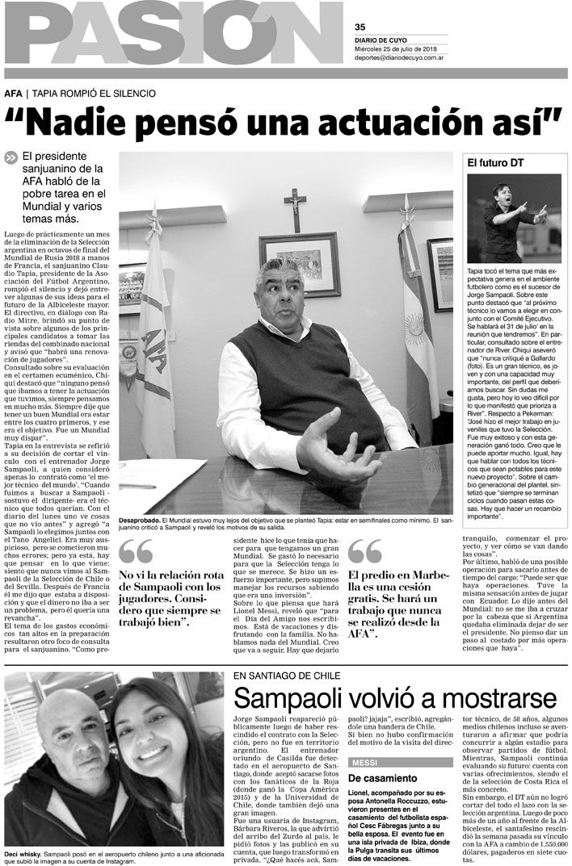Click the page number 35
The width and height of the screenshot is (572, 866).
[x=360, y=25]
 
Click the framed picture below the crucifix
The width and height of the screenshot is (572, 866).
[x=300, y=263]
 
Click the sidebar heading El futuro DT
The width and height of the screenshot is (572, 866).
[x=496, y=162]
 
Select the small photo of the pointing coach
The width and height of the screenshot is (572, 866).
[x=514, y=218]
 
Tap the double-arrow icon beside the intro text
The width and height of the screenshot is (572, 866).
[x=11, y=158]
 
